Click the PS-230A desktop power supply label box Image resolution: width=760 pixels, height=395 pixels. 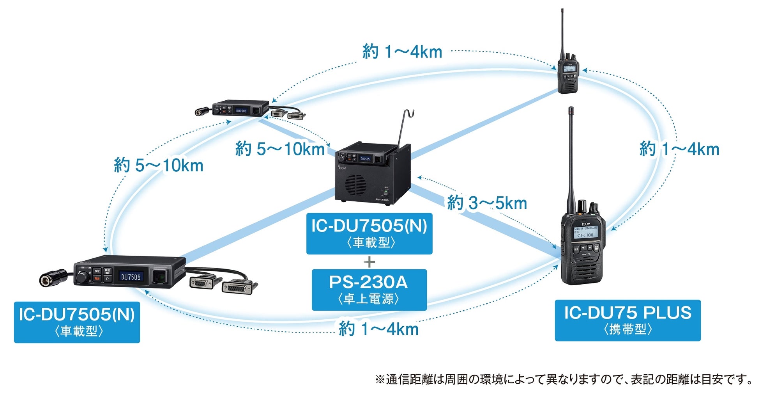point(369,290)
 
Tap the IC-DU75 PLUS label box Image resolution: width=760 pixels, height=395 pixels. point(627,320)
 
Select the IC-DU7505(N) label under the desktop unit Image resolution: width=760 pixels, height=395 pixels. point(369,233)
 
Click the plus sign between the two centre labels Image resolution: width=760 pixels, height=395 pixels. point(369,262)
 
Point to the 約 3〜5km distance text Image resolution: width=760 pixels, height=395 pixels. point(487,203)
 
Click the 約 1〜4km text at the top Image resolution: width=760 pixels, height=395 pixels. point(402,52)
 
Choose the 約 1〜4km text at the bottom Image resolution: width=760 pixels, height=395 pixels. point(378,329)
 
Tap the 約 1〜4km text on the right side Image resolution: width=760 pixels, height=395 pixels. point(679,149)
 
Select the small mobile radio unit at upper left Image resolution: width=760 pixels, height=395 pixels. point(241,109)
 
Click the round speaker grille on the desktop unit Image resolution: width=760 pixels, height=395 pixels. point(355,185)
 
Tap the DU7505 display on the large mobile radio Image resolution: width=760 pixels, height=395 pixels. point(131,277)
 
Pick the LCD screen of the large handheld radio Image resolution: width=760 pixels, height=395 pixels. point(584,232)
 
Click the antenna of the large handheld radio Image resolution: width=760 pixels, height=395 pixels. point(571,156)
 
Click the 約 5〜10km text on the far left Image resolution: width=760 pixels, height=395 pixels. point(159,165)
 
